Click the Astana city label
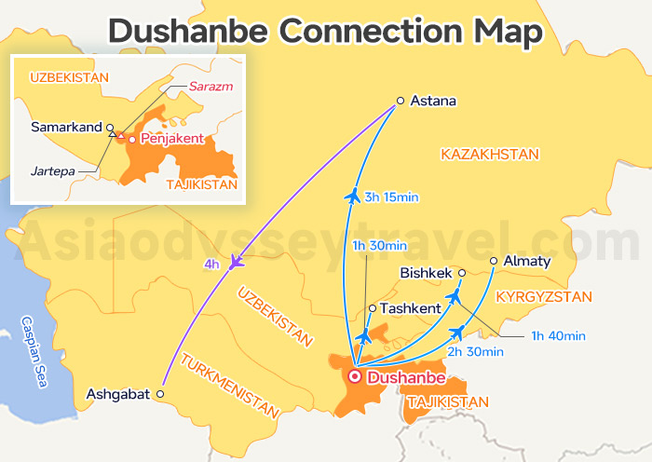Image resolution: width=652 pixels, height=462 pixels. pos(433,101)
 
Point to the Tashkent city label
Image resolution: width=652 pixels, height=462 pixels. pos(411,308)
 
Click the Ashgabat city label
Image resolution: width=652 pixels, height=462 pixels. pos(117,394)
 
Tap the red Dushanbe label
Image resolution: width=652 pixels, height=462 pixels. pos(406,377)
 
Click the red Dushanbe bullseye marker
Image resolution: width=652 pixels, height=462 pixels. pos(354,377)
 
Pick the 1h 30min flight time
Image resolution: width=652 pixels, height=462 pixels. pos(379,246)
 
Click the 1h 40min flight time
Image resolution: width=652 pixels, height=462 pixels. pos(558,335)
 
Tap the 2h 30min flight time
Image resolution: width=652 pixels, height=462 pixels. pos(475,352)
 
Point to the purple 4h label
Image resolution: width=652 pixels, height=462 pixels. pos(211,264)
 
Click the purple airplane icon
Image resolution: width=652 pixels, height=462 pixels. pos(237,262)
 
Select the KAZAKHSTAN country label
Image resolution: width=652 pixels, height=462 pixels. pos(490,153)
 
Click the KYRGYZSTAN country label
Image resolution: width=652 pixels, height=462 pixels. pos(544,297)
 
